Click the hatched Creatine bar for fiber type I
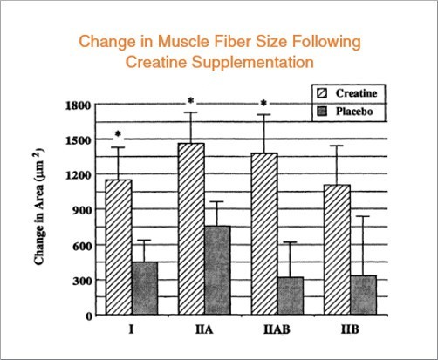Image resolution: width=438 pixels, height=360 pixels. point(119,248)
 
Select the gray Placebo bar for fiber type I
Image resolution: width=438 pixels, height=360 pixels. point(144,289)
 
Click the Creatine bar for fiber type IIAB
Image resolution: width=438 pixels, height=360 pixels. point(263,234)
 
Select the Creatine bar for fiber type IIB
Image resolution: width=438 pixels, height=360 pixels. point(336,249)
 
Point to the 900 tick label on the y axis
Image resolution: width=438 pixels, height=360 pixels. point(83,210)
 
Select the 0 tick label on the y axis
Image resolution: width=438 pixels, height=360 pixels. point(90,316)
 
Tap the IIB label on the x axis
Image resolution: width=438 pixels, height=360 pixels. point(348,333)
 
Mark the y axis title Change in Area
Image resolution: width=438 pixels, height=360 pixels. point(40,211)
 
